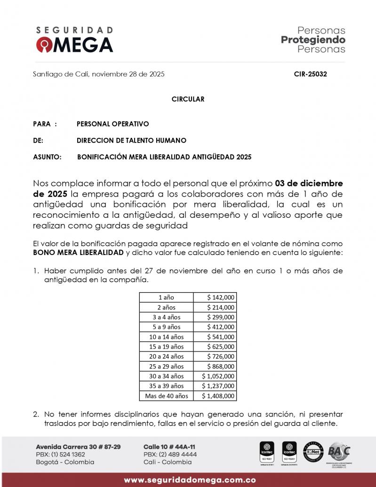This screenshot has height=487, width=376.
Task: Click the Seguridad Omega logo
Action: click(74, 40)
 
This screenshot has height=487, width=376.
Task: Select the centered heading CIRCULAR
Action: click(188, 99)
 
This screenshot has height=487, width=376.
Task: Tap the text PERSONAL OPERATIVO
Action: click(112, 124)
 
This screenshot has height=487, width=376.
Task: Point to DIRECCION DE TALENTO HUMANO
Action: click(131, 140)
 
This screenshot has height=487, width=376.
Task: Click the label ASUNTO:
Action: click(48, 157)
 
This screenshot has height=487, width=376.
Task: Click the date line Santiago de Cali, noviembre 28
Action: click(99, 74)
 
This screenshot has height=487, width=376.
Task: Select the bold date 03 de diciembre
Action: click(309, 183)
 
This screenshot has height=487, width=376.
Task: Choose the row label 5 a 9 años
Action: click(166, 327)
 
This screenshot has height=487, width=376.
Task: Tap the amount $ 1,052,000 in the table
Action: click(218, 376)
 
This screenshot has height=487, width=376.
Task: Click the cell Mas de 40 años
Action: click(166, 396)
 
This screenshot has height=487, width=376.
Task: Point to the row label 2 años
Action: click(166, 307)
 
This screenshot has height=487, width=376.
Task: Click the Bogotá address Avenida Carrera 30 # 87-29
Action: click(78, 446)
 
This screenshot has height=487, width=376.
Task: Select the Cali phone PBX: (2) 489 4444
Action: click(170, 454)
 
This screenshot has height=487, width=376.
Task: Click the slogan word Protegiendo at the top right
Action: click(313, 40)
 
